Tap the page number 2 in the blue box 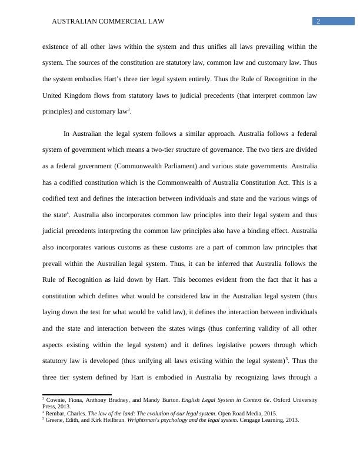(318, 21)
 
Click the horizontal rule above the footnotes (76, 395)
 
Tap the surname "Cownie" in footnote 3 (58, 400)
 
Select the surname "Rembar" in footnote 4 (58, 414)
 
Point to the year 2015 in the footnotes (267, 414)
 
